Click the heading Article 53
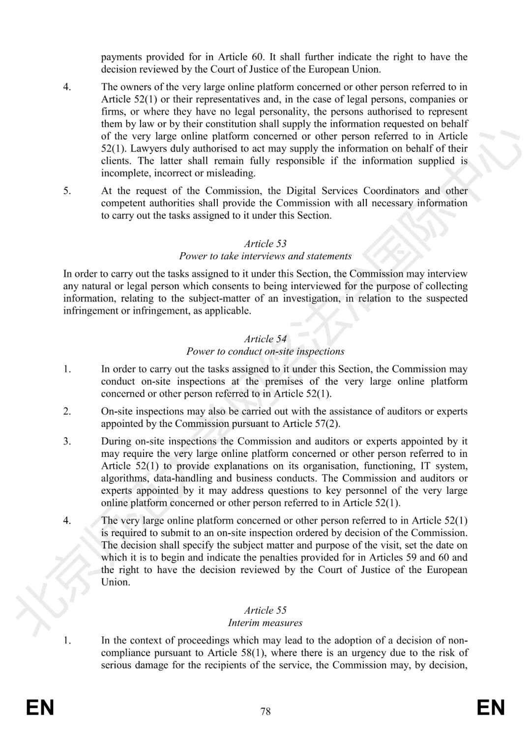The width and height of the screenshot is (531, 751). (x=265, y=243)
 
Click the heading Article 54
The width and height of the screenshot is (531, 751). (x=265, y=339)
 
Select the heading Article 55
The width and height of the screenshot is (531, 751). (x=265, y=610)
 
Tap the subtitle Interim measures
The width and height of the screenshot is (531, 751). (x=265, y=623)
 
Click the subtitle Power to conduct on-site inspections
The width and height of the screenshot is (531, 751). (x=265, y=351)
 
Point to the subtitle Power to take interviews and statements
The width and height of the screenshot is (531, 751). (x=265, y=256)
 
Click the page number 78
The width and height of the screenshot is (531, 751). (x=265, y=711)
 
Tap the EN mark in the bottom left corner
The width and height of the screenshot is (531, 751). (x=40, y=708)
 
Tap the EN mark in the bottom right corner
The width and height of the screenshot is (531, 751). (x=491, y=708)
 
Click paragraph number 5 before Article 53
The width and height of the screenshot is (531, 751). (x=67, y=191)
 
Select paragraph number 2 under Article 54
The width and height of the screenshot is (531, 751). (x=67, y=411)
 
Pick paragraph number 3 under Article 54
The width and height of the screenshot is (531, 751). (x=67, y=441)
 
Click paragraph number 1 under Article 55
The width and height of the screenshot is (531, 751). (x=67, y=640)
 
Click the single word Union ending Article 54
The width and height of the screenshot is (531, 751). (x=116, y=582)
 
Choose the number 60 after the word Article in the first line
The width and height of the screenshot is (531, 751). (x=259, y=57)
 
